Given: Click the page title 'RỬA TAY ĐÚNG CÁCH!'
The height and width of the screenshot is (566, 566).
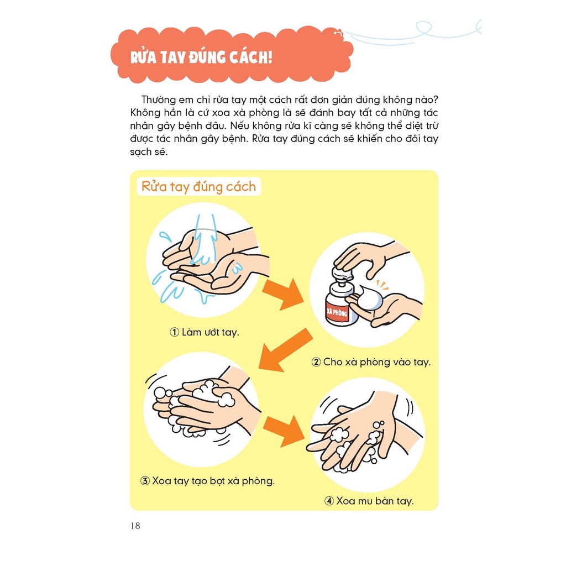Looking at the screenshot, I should [x=201, y=57].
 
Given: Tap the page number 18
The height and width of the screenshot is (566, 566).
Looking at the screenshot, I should [x=135, y=526].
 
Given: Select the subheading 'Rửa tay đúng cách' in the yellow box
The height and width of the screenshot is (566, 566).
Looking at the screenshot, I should [x=198, y=186].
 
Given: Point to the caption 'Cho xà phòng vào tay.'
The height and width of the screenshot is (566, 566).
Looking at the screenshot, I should [x=376, y=363].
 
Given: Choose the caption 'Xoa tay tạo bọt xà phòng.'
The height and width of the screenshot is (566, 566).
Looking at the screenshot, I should [x=213, y=481].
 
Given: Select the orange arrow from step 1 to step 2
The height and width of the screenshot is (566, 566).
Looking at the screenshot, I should [x=282, y=293].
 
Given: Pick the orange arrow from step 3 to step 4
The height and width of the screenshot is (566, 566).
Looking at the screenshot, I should [x=282, y=431].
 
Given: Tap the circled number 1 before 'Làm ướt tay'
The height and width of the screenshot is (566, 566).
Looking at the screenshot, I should [x=174, y=333].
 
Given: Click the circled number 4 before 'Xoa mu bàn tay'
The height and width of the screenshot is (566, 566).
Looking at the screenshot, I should [x=329, y=501].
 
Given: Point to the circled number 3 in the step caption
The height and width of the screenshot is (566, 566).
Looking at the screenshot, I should [x=145, y=481].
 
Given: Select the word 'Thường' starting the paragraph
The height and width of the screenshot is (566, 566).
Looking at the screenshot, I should [x=158, y=99].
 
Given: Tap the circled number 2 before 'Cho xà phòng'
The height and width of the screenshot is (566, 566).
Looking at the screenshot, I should [x=316, y=363].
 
